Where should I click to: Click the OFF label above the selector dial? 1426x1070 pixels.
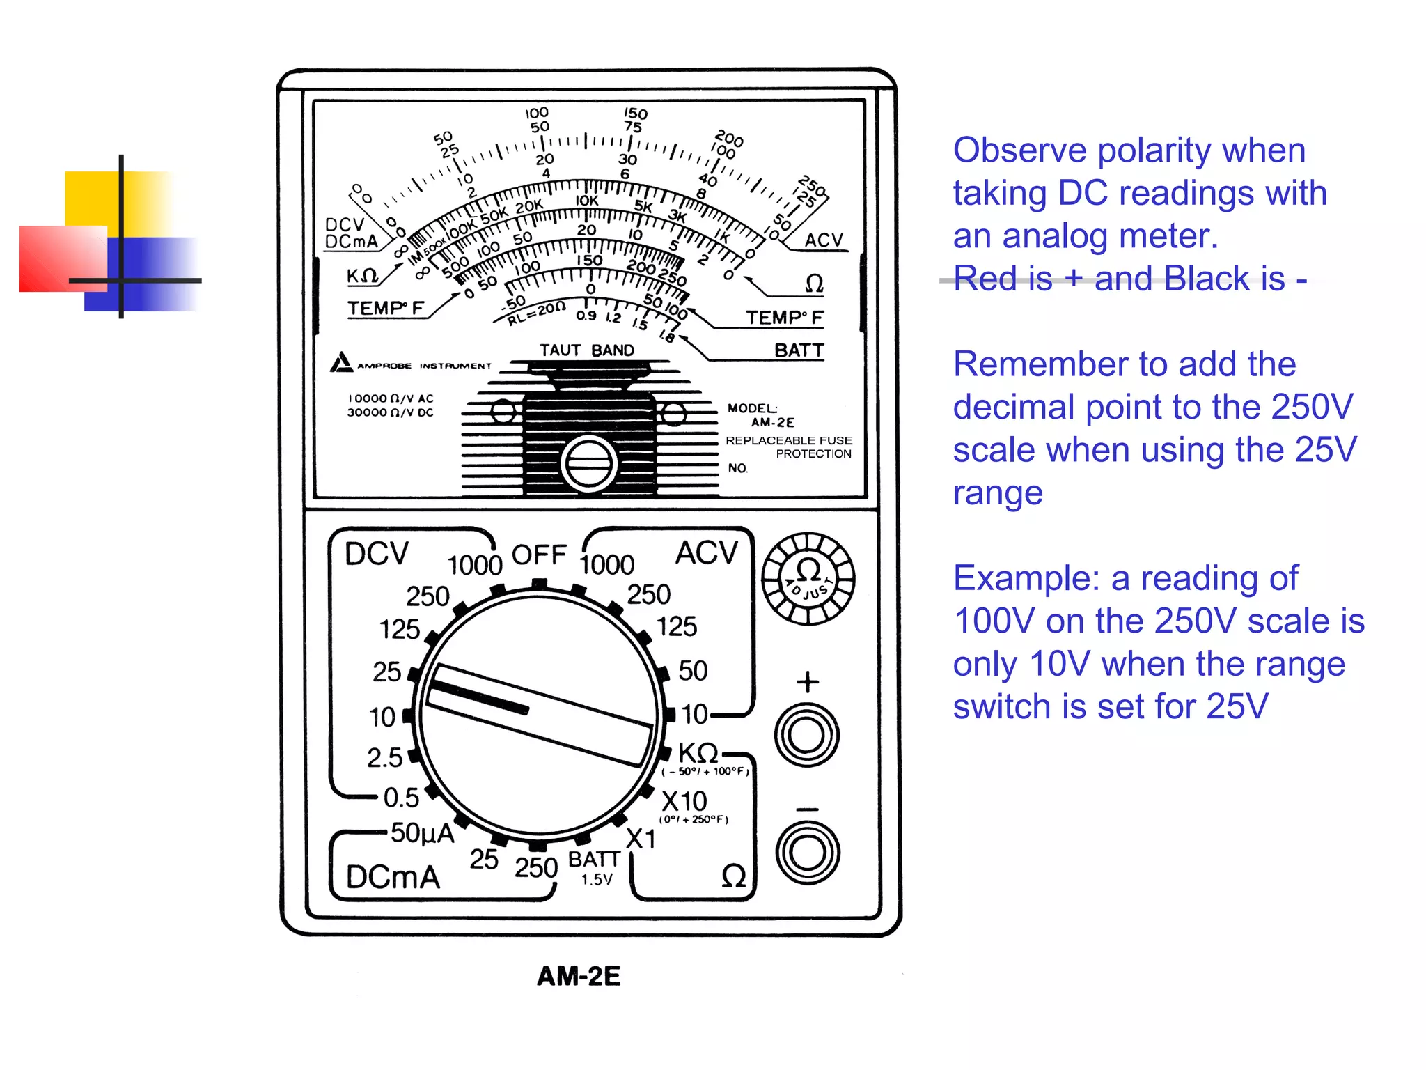(x=539, y=555)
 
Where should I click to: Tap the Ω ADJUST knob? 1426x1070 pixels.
(x=808, y=578)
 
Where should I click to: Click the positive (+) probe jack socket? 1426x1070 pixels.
(x=807, y=735)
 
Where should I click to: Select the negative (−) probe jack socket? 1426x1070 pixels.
(x=808, y=853)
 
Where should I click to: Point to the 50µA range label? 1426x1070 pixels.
(x=422, y=832)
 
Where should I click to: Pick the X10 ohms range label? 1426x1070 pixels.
(x=684, y=801)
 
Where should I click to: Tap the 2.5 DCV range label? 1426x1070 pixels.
(x=385, y=758)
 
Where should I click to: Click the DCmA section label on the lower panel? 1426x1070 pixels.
(x=393, y=877)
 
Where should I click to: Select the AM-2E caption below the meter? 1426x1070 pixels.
(x=579, y=976)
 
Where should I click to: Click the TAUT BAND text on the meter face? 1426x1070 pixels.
(x=587, y=350)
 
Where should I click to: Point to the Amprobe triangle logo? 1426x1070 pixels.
(x=341, y=362)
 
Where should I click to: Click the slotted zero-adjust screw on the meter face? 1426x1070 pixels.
(x=589, y=463)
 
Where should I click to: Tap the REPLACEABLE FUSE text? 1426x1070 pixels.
(x=789, y=440)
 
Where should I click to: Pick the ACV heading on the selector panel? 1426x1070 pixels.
(x=706, y=553)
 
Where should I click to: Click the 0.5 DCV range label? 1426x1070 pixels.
(x=402, y=798)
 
